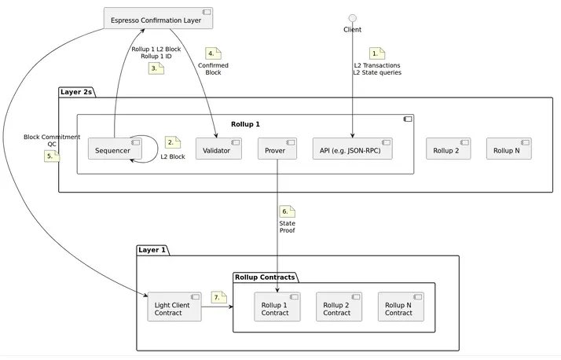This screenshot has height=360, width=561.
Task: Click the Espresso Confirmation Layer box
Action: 159,18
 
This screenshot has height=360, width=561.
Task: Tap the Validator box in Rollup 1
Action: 218,149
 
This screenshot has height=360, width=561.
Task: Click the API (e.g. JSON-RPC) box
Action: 351,149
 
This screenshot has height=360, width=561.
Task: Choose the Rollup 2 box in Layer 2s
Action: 448,149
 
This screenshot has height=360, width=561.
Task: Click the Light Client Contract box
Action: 174,307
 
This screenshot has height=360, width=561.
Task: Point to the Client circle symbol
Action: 353,17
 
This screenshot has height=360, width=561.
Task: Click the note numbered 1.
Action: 377,53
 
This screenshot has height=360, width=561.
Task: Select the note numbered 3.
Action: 156,69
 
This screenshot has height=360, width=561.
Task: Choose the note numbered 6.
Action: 287,211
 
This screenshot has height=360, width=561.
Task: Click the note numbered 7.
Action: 218,296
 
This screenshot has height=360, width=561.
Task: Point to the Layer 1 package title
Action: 152,250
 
